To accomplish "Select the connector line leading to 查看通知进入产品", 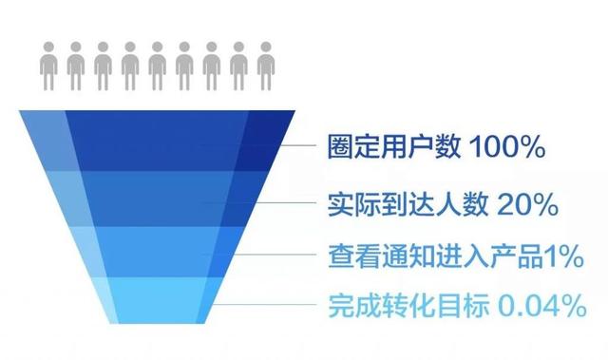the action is tap(285, 255).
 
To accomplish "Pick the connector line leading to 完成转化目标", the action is tap(275, 306).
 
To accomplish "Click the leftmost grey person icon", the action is tap(47, 64).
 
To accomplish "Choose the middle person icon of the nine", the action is tap(157, 64).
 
